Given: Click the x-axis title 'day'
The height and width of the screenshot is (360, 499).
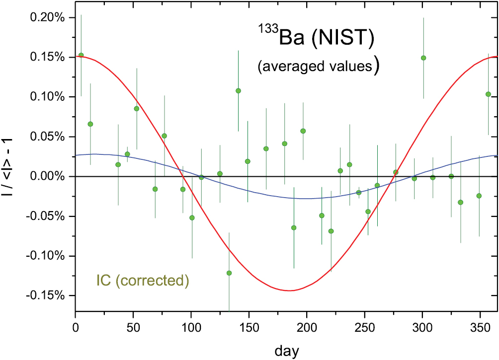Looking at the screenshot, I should (286, 351).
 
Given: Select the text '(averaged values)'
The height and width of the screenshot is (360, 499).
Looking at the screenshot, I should (318, 67).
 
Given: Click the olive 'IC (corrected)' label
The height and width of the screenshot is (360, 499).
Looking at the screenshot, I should (143, 281).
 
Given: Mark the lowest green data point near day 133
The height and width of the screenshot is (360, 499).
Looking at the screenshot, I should (229, 273).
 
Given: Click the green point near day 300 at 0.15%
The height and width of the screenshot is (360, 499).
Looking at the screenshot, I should (423, 58).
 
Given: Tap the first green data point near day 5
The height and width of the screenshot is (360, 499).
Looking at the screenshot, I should (81, 55).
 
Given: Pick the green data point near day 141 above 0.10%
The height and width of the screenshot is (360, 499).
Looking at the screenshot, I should (238, 91).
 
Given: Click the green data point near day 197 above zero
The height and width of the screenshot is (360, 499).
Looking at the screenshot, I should (303, 131).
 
